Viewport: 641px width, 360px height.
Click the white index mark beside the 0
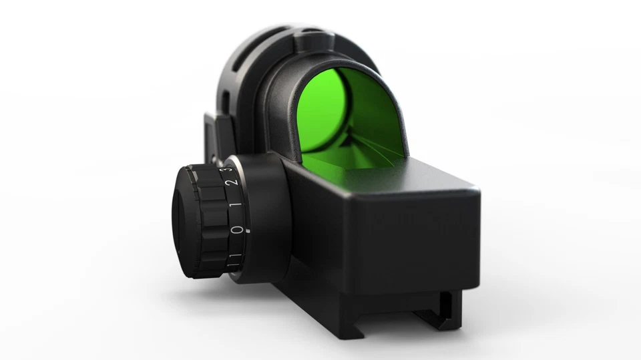point(246,230)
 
